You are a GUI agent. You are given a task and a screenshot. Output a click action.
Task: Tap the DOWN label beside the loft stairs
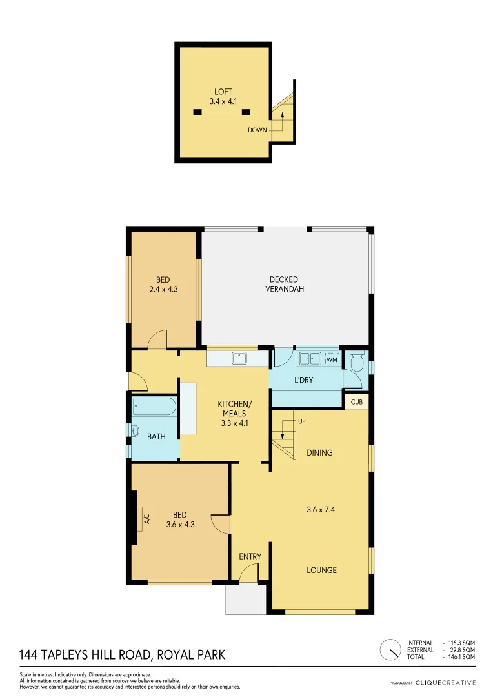click(x=257, y=130)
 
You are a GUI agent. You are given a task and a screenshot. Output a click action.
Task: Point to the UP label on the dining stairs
click(x=301, y=421)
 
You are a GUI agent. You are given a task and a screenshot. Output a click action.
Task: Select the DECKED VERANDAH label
click(x=284, y=284)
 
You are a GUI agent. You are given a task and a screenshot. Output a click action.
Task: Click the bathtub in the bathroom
click(x=154, y=407)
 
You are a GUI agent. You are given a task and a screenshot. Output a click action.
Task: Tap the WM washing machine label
click(x=332, y=359)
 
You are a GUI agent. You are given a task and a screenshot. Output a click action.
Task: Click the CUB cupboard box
click(x=356, y=401)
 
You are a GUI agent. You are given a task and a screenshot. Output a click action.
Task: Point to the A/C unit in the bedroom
click(x=139, y=518)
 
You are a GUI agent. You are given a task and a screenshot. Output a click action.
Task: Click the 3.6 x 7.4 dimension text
click(x=321, y=509)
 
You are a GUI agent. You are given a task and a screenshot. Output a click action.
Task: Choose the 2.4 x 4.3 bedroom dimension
click(x=163, y=290)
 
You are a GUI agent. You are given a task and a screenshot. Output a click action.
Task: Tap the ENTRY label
click(x=250, y=556)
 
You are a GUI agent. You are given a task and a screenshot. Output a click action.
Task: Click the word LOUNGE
click(x=321, y=570)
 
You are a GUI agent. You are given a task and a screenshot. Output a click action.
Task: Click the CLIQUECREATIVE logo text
click(x=445, y=682)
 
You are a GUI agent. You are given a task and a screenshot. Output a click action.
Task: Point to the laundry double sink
click(x=310, y=358)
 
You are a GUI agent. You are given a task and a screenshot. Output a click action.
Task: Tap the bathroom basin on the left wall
click(x=136, y=431)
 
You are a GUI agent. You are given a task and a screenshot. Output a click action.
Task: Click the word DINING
click(x=319, y=452)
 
